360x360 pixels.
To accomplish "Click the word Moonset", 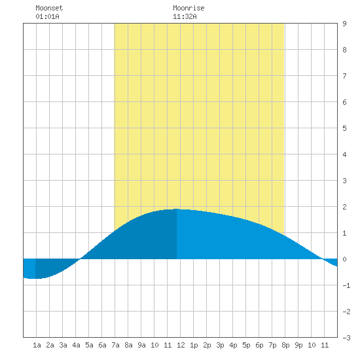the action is pos(49,8).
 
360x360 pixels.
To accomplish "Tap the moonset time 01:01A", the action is pos(47,16).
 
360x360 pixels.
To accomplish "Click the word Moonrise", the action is pos(189,8).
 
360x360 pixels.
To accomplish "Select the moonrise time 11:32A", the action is pos(185,16).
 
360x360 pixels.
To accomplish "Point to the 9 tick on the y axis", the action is pos(344,24).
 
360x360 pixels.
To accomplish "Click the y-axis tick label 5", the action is pos(344,128).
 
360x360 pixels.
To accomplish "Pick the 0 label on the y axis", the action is pos(344,259).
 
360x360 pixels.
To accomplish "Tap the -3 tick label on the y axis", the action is pos(346,338).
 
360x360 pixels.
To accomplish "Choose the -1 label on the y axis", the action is pos(346,285).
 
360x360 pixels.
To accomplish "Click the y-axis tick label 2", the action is pos(344,207).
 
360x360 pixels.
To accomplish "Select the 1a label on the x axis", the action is pos(37,345).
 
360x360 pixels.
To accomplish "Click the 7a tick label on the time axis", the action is pos(115,345).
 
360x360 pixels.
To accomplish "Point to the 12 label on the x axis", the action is pos(181,345).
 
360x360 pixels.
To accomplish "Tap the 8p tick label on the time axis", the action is pos(285,345).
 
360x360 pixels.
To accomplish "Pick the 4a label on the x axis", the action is pos(76,345).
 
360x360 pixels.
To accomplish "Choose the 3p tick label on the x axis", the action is pos(220,345).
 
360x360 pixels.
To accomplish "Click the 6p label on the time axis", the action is pos(259,345).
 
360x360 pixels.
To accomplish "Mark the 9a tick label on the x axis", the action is pos(141,345).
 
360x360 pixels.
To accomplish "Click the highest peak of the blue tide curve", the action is pos(177,209).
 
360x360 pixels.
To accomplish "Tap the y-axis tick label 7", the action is pos(344,76).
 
